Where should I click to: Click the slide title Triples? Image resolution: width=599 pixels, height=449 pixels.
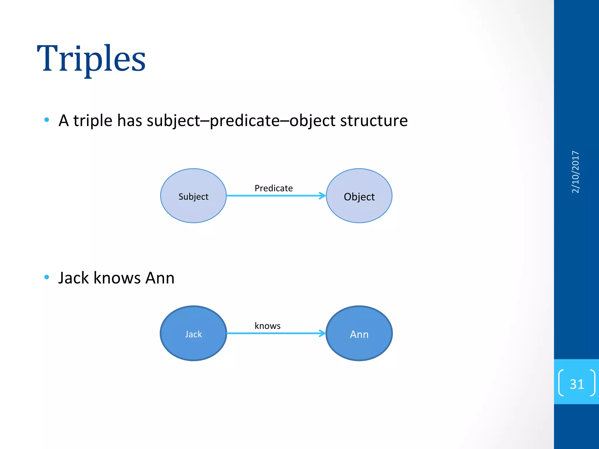tap(91, 58)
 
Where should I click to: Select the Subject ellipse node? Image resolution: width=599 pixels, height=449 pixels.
tap(193, 196)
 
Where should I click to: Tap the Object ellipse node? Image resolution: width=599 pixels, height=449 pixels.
tap(359, 196)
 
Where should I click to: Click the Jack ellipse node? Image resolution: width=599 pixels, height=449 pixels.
tap(193, 334)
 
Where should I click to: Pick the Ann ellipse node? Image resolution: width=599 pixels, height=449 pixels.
tap(359, 334)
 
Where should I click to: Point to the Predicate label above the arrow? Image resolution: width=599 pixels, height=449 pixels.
tap(273, 188)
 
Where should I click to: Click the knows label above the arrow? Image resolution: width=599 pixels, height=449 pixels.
tap(267, 326)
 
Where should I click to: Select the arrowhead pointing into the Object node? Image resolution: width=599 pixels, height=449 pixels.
tap(323, 196)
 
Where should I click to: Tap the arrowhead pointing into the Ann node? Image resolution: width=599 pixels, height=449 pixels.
tap(323, 333)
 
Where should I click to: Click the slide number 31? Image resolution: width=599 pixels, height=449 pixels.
tap(576, 384)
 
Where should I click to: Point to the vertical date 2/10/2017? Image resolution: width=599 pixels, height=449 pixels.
tap(575, 172)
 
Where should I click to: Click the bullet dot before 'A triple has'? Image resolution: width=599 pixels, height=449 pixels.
tap(47, 120)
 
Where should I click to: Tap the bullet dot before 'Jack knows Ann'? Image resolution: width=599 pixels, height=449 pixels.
tap(47, 277)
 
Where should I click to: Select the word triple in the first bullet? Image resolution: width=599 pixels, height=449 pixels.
tap(92, 121)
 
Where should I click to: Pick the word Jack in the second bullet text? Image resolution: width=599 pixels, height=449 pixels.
tap(73, 278)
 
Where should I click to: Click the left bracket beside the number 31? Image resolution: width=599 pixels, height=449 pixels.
tap(561, 383)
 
